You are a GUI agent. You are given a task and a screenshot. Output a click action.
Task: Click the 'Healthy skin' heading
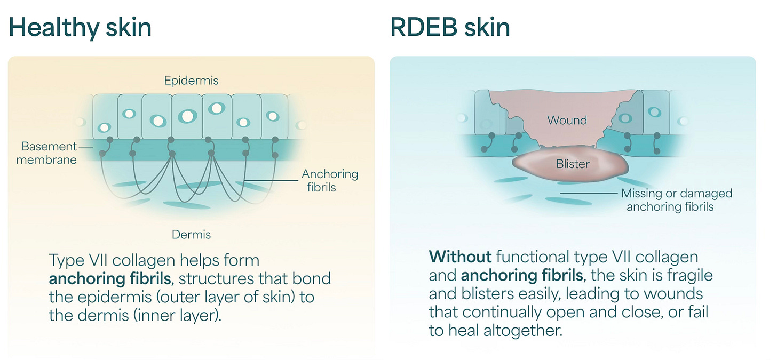point(80,27)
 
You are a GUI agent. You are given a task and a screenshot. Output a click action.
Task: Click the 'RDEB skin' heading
point(450,27)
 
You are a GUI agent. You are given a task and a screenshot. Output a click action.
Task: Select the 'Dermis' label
point(191,234)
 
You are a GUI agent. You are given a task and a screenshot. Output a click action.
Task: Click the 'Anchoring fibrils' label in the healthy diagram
point(330,180)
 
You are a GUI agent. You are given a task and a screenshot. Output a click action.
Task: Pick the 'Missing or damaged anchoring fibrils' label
point(676,200)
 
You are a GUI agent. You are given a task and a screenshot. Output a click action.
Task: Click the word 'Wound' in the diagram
point(567,120)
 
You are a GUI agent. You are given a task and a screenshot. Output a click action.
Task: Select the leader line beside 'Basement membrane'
point(85,146)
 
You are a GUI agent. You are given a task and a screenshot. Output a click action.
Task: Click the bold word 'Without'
point(460,257)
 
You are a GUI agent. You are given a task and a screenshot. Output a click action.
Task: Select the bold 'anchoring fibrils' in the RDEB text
point(521,275)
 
